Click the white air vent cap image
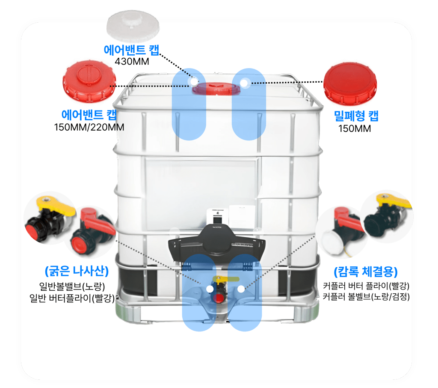[x=133, y=26]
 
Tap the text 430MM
[x=132, y=61]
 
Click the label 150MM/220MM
[x=89, y=127]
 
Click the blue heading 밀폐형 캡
[x=356, y=116]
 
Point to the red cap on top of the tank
[x=216, y=88]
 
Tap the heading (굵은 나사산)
[x=77, y=271]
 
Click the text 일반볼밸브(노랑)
[x=72, y=287]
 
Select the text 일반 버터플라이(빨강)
[x=72, y=298]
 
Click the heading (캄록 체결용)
[x=366, y=272]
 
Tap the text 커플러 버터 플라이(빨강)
[x=366, y=286]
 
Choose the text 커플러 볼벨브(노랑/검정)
[x=366, y=296]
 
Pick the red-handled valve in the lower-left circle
[x=92, y=231]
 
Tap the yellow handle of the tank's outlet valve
[x=226, y=279]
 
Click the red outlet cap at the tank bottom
[x=219, y=298]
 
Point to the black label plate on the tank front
[x=217, y=242]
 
